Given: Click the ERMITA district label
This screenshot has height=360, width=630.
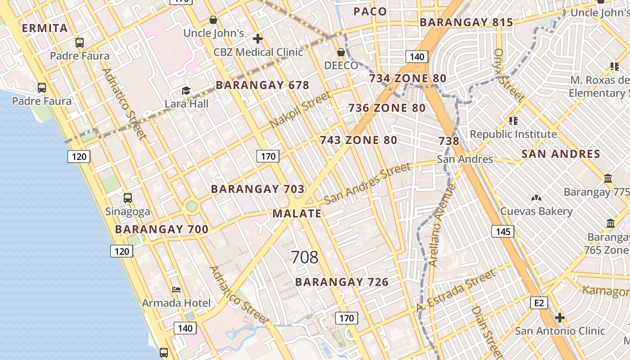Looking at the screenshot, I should click(x=45, y=28).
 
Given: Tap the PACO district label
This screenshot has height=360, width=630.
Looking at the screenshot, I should click(x=370, y=12).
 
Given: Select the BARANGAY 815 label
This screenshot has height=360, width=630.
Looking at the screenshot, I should click(x=466, y=22).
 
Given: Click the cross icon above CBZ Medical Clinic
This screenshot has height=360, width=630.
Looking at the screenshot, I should click(x=258, y=39).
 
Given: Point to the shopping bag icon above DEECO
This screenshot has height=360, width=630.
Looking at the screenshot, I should click(x=342, y=52).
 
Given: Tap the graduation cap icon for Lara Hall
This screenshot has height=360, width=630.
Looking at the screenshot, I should click(x=186, y=91).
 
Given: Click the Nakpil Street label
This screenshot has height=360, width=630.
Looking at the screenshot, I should click(x=300, y=109).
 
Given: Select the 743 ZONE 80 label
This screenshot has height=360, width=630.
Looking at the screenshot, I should click(x=359, y=140).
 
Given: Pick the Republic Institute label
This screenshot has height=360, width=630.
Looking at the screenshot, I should click(x=513, y=134).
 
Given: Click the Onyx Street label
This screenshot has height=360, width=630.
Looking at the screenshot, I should click(x=508, y=75).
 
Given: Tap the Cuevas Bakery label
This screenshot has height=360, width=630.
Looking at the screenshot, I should click(x=536, y=211).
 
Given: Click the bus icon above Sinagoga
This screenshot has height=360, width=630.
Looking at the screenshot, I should click(x=128, y=198).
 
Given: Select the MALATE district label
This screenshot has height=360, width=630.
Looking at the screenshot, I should click(x=297, y=214).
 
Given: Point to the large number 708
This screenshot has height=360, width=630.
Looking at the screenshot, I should click(x=305, y=257).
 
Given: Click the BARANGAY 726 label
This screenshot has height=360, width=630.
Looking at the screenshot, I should click(x=342, y=282).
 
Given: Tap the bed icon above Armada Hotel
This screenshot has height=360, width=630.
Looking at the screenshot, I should click(x=176, y=290).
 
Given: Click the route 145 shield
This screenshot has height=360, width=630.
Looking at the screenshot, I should click(x=503, y=231).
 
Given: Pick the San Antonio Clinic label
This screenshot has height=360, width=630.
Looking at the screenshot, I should click(x=560, y=331).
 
